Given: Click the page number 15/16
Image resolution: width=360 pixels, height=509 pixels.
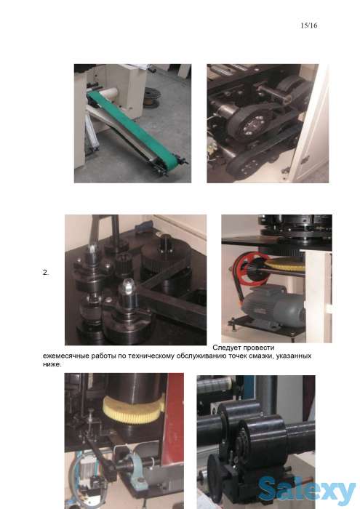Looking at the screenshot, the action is tap(308, 25).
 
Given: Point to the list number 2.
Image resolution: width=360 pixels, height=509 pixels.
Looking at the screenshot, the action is tap(46, 273).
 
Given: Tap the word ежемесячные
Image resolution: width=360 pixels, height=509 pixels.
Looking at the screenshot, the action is tap(66, 356).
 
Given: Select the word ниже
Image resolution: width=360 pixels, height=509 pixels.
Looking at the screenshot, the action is tap(52, 364).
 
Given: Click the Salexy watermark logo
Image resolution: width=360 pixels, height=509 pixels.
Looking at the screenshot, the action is tap(307, 489).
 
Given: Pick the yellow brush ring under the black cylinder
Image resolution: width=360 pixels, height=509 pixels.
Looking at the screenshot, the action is tap(134, 409).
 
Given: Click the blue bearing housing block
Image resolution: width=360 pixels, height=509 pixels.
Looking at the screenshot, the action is tap(135, 468).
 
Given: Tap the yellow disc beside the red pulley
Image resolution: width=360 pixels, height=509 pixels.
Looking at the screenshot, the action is tap(287, 265).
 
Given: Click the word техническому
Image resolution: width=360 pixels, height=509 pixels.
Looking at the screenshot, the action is tap(151, 356).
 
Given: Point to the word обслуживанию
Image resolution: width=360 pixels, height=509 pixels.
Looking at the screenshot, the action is tap(201, 356).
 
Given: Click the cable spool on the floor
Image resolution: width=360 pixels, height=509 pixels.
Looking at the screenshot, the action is tap(152, 97).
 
